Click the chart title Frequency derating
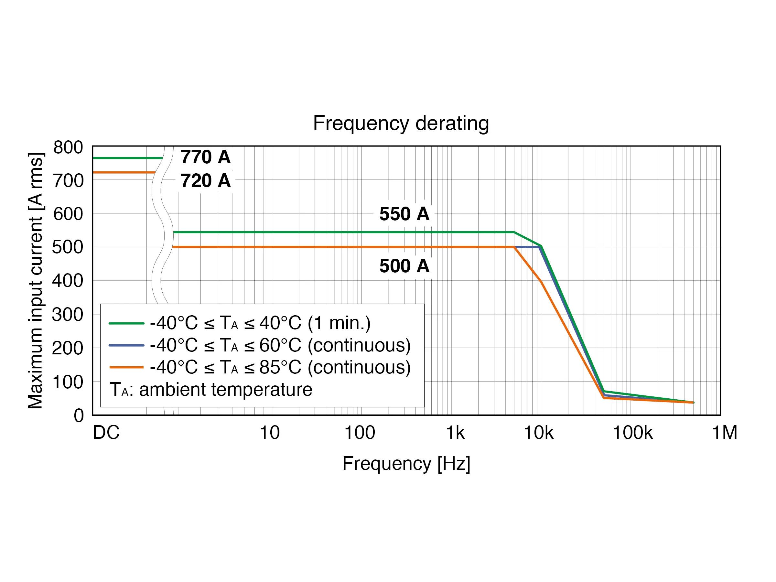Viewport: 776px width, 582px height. (401, 124)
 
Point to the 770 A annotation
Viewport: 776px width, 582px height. (205, 157)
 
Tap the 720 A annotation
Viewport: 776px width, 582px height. (205, 181)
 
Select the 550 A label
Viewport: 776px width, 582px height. (404, 214)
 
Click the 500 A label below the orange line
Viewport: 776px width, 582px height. (404, 266)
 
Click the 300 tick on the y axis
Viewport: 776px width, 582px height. (67, 315)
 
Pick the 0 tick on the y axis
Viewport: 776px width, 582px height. (79, 416)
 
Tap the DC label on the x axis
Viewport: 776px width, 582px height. (106, 433)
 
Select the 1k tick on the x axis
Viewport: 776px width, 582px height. (455, 433)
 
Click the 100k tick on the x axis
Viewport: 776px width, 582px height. (632, 433)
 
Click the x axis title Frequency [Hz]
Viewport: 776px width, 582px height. (406, 463)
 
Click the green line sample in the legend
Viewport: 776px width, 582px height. (126, 323)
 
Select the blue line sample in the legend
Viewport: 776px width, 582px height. (126, 345)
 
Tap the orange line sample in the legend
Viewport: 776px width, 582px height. (126, 367)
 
